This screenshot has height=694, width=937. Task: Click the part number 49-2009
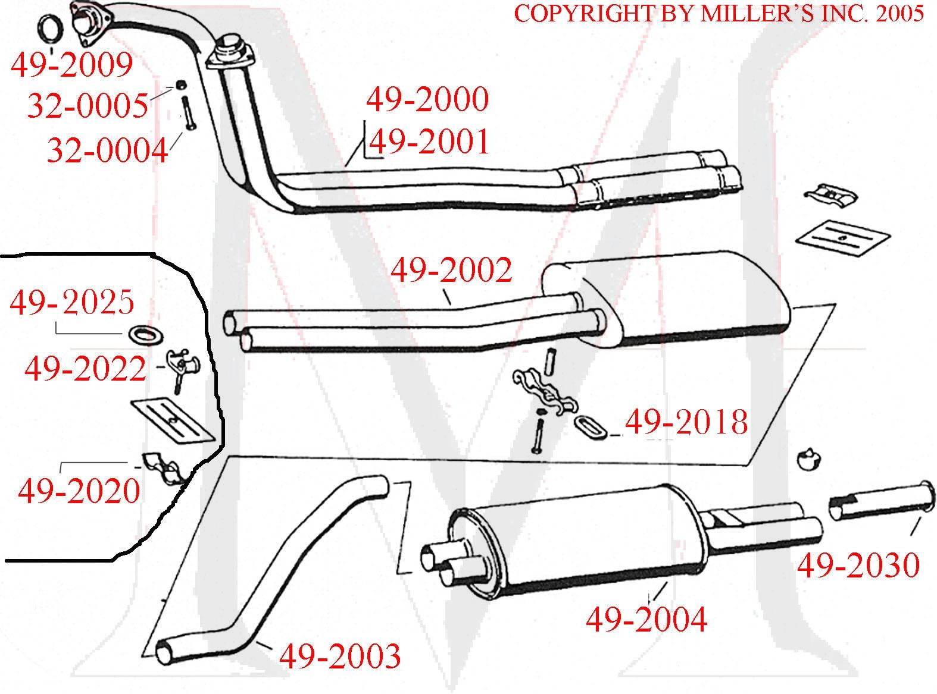point(71,65)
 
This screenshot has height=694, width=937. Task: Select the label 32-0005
point(88,106)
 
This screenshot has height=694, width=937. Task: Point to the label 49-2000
point(427,100)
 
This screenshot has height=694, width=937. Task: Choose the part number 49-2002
point(451,271)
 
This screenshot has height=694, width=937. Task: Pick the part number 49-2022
point(85,369)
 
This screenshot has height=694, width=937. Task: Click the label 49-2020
point(79,492)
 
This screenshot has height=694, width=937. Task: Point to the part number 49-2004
point(646,620)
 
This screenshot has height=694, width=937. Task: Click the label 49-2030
point(858,566)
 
